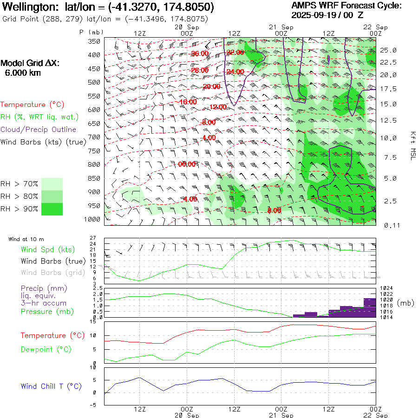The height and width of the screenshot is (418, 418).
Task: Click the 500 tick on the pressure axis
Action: coord(94,82)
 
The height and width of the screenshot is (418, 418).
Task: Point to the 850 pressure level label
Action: coord(94,178)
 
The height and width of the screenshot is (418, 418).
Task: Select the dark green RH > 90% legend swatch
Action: coord(52,209)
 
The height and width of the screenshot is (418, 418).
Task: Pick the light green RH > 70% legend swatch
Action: coord(52,184)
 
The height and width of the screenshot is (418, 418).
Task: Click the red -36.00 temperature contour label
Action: coord(200,54)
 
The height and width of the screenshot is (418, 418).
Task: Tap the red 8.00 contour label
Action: coord(274,210)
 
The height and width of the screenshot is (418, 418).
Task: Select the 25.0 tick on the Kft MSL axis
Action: coord(388,50)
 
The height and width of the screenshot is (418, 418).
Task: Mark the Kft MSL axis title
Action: coord(412,145)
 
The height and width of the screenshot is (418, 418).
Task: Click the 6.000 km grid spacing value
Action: coord(22,73)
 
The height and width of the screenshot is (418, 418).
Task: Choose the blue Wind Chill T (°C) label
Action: coord(51,386)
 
